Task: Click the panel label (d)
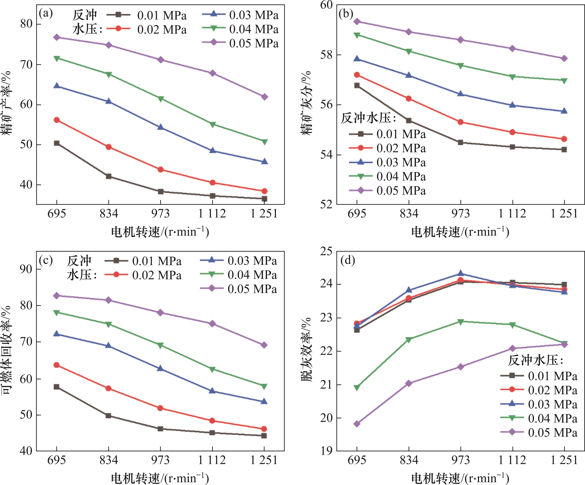(x=348, y=260)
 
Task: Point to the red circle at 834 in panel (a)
(x=109, y=147)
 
